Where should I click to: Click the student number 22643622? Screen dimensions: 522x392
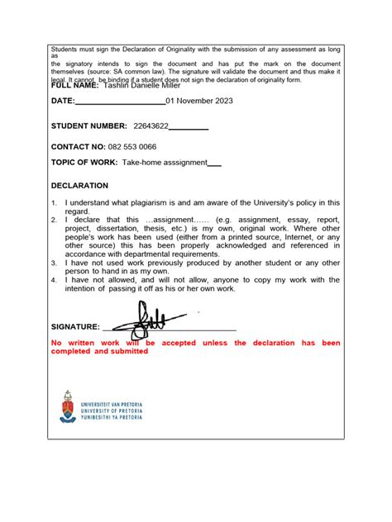point(151,126)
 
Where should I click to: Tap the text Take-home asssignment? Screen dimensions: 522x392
point(164,163)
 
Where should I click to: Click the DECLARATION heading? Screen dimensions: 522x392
point(79,186)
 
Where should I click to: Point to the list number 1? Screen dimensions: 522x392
point(54,202)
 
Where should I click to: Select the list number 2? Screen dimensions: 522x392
point(54,221)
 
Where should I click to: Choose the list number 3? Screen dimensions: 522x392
point(54,262)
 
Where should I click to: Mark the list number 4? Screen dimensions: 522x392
point(54,280)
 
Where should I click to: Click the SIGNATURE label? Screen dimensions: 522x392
point(75,327)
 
